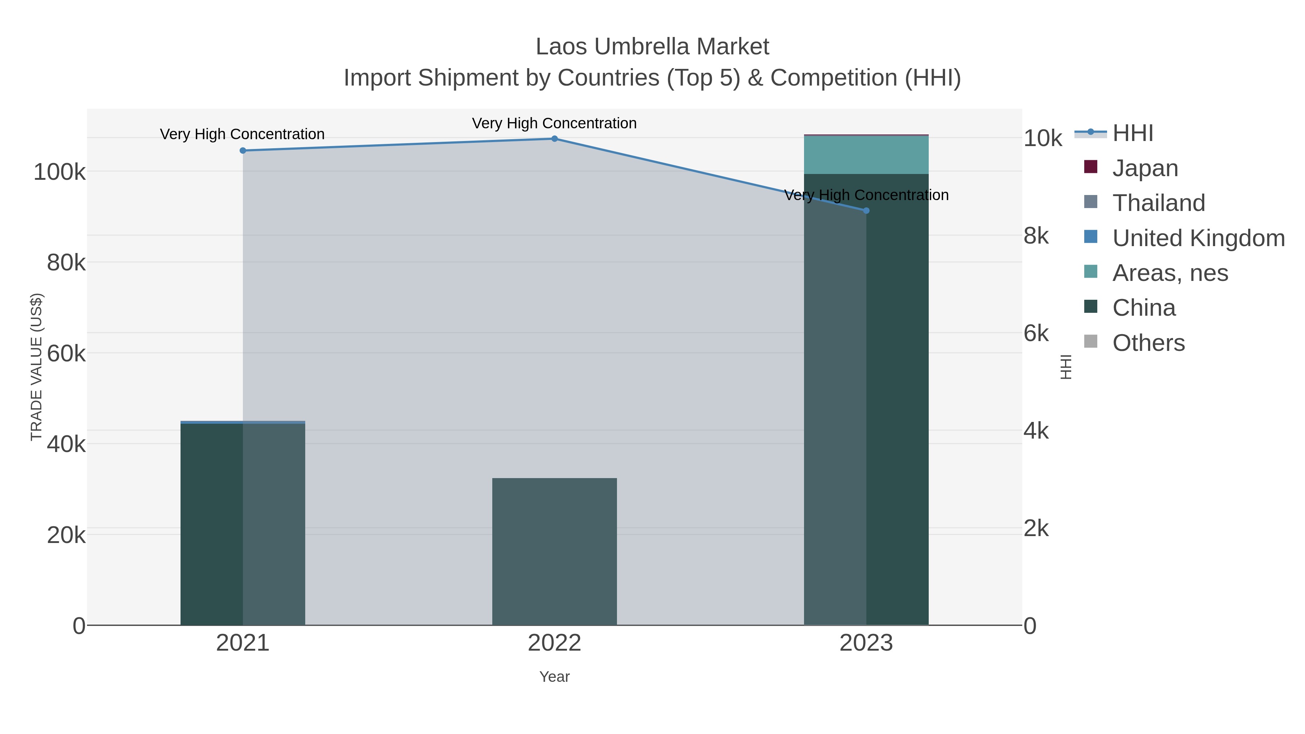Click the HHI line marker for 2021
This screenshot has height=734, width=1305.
click(x=243, y=150)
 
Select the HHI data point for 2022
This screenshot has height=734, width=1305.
click(x=554, y=139)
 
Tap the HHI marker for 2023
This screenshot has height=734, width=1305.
click(x=866, y=211)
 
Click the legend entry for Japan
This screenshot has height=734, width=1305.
click(x=1145, y=168)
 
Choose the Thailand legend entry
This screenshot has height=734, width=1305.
click(x=1158, y=203)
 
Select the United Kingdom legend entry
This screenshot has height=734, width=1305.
click(x=1198, y=238)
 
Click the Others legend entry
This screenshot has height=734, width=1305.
click(x=1148, y=343)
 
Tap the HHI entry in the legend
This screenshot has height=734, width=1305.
click(x=1133, y=133)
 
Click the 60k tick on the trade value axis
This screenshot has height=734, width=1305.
click(x=66, y=353)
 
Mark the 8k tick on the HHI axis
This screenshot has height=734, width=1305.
click(x=1036, y=236)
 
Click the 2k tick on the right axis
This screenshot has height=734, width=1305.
click(x=1036, y=528)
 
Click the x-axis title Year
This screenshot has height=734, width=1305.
click(x=554, y=677)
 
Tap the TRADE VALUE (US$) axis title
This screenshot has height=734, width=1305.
click(x=37, y=367)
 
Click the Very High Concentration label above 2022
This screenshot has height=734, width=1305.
click(x=554, y=123)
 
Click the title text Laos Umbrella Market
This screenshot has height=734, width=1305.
click(x=652, y=47)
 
